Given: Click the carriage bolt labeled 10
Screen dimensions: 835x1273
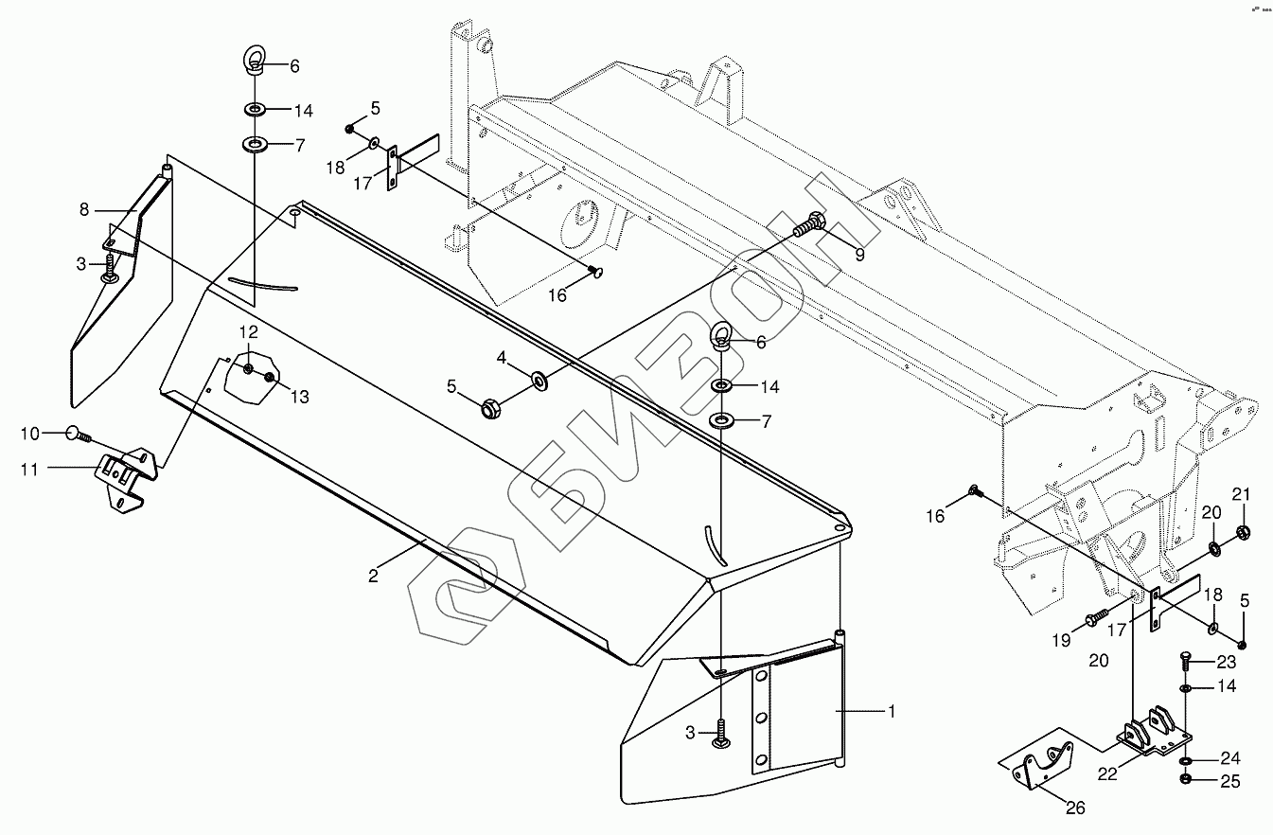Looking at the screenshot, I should (x=76, y=435).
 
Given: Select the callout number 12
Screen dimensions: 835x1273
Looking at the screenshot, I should (x=247, y=331).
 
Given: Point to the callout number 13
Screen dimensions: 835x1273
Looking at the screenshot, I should (x=299, y=397).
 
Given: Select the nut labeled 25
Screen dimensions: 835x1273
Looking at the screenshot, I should (x=1186, y=779).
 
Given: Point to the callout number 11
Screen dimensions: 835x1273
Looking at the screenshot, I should (x=29, y=468).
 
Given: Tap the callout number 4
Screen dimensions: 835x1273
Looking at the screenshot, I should (x=503, y=357).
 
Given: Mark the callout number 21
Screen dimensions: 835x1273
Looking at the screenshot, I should (x=1241, y=493).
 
